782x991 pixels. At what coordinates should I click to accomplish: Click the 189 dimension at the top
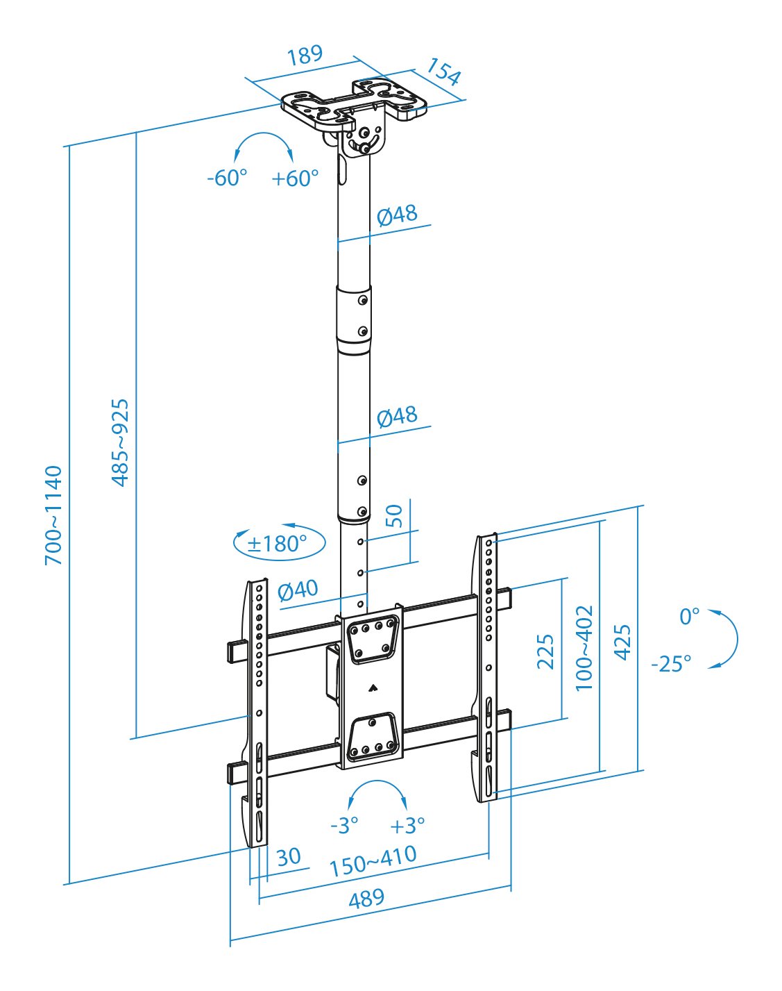coord(305,55)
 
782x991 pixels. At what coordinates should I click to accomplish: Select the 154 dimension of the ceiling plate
coord(443,72)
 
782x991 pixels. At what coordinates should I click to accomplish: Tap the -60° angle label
coord(227,178)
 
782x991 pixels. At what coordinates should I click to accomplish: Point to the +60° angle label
coord(295,178)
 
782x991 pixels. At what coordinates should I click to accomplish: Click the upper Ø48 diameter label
coord(397,215)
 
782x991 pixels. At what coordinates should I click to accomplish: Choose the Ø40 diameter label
coord(298,590)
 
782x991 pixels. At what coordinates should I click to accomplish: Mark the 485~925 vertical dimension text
coord(120,442)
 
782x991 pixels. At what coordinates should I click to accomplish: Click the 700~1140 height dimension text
coord(53,515)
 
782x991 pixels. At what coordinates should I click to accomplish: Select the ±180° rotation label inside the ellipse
coord(278,543)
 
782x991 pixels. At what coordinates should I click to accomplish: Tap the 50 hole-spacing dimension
coord(393,516)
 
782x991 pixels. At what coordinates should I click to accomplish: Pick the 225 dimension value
coord(545,651)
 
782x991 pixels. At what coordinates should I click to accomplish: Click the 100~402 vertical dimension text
coord(584,648)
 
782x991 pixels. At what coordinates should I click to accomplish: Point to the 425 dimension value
coord(622,642)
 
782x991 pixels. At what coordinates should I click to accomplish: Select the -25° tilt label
coord(671,664)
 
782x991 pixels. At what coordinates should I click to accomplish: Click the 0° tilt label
coord(690,616)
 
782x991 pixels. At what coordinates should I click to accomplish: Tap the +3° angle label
coord(407,826)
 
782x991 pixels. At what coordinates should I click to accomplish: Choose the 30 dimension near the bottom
coord(288,856)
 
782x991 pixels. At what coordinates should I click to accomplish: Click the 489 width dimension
coord(366,899)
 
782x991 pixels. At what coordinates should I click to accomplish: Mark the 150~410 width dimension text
coord(373,861)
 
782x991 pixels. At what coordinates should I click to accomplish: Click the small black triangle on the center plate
coord(373,689)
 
